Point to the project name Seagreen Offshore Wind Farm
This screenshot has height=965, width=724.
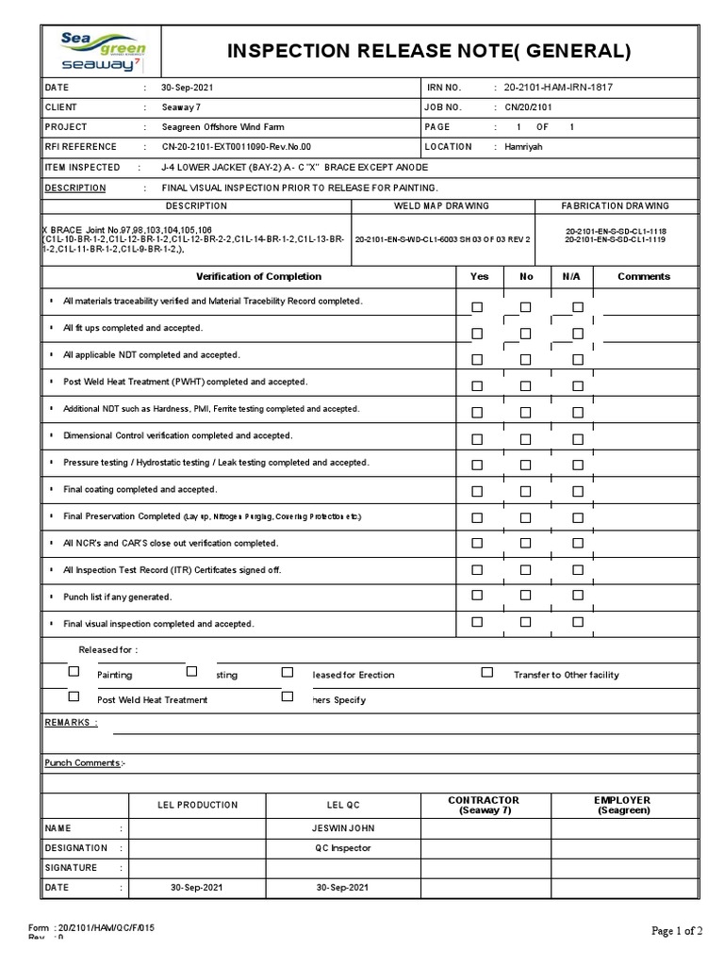tap(222, 127)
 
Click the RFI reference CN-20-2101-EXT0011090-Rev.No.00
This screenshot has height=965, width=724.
tap(236, 147)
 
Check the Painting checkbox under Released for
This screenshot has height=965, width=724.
tap(74, 672)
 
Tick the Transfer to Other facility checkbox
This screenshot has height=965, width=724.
tap(487, 672)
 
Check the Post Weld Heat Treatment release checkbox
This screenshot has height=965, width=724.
tap(74, 697)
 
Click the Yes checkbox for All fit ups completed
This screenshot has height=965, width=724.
tap(477, 333)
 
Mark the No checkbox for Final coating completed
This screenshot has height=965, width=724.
tap(525, 493)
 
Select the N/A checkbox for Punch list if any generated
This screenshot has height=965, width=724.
tap(578, 595)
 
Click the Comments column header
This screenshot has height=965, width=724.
tap(644, 276)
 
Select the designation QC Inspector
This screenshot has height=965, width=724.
tap(343, 848)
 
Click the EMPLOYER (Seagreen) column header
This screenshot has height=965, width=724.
tap(622, 805)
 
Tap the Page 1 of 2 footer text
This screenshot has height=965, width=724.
tap(677, 931)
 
